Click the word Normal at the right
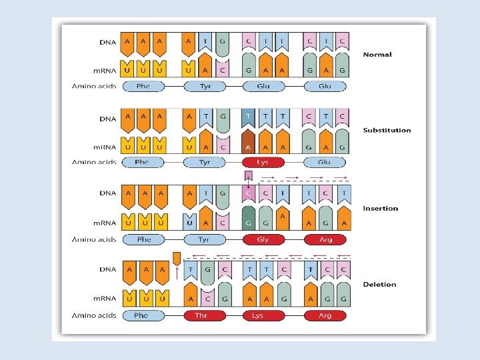(x=377, y=55)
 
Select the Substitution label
(x=387, y=130)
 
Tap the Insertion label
(x=380, y=208)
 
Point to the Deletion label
(x=379, y=285)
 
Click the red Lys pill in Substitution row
(x=263, y=162)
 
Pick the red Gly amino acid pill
(x=263, y=239)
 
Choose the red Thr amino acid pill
(x=205, y=315)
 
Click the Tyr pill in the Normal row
(x=205, y=86)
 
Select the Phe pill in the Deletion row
(x=141, y=315)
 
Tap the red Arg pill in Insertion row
(x=325, y=239)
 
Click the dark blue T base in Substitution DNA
(x=249, y=119)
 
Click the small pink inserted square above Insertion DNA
(x=249, y=175)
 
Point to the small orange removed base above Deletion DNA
(x=176, y=257)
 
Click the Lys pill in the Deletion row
(x=263, y=315)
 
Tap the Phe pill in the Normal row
(x=143, y=86)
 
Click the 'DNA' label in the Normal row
(x=108, y=42)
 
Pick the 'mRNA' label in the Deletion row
(x=103, y=299)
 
